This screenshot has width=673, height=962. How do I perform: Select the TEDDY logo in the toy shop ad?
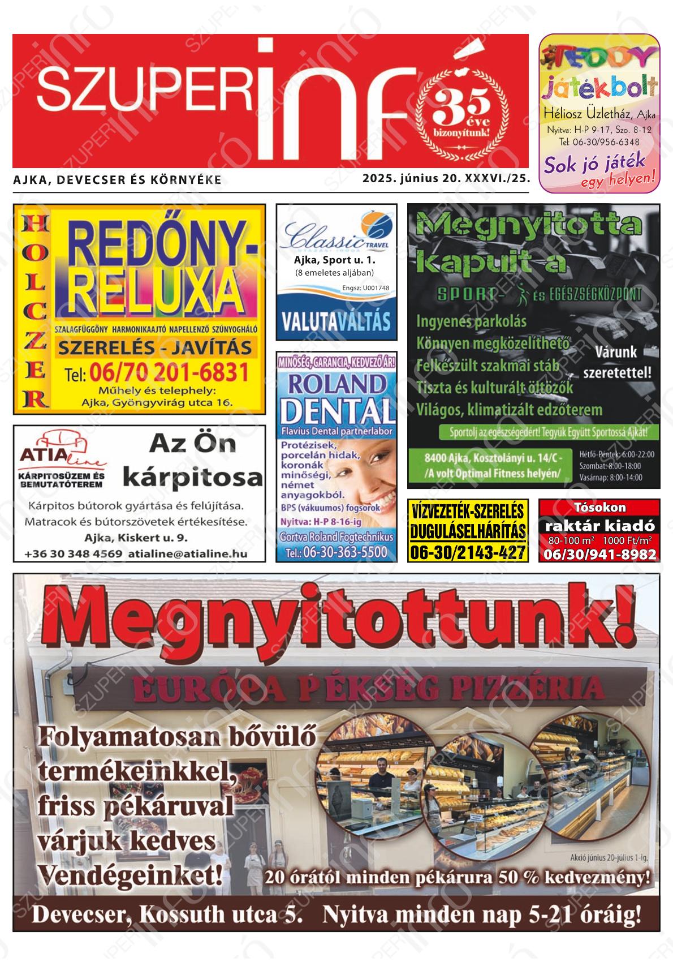(599, 57)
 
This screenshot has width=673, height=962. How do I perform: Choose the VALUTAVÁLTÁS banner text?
(336, 321)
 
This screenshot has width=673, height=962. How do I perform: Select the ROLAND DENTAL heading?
(336, 399)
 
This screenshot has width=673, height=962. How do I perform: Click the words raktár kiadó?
(599, 526)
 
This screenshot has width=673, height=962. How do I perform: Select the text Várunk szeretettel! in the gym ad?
(616, 363)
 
